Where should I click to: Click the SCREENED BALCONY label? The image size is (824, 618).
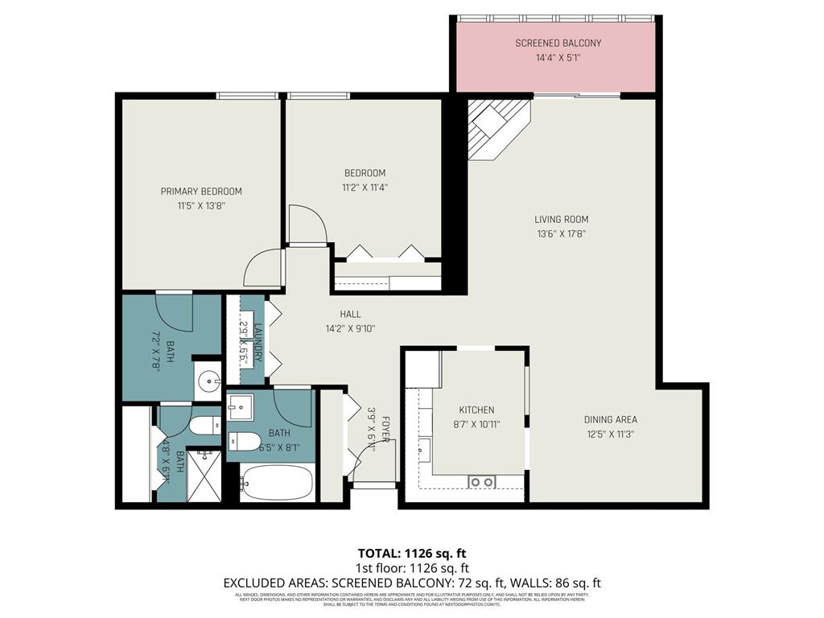click(558, 43)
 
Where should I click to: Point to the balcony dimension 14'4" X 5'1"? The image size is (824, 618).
click(558, 58)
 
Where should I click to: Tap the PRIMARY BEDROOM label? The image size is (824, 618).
click(201, 192)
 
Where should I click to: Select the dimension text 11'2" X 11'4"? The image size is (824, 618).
click(365, 187)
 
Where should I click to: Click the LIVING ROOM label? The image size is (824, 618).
click(561, 219)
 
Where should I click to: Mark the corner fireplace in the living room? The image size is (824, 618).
click(496, 128)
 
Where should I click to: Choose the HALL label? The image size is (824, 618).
click(350, 314)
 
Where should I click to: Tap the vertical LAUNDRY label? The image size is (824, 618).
click(258, 341)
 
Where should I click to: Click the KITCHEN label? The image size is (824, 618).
click(476, 410)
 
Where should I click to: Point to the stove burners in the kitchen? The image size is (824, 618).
click(482, 481)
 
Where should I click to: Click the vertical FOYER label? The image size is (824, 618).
click(385, 431)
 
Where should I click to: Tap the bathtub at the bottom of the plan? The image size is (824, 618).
click(277, 483)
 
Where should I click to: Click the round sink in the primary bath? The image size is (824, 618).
click(208, 381)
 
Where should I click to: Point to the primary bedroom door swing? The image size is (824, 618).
click(266, 267)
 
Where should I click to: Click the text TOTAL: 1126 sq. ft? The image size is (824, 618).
click(411, 553)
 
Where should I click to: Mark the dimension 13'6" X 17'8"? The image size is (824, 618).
click(561, 234)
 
